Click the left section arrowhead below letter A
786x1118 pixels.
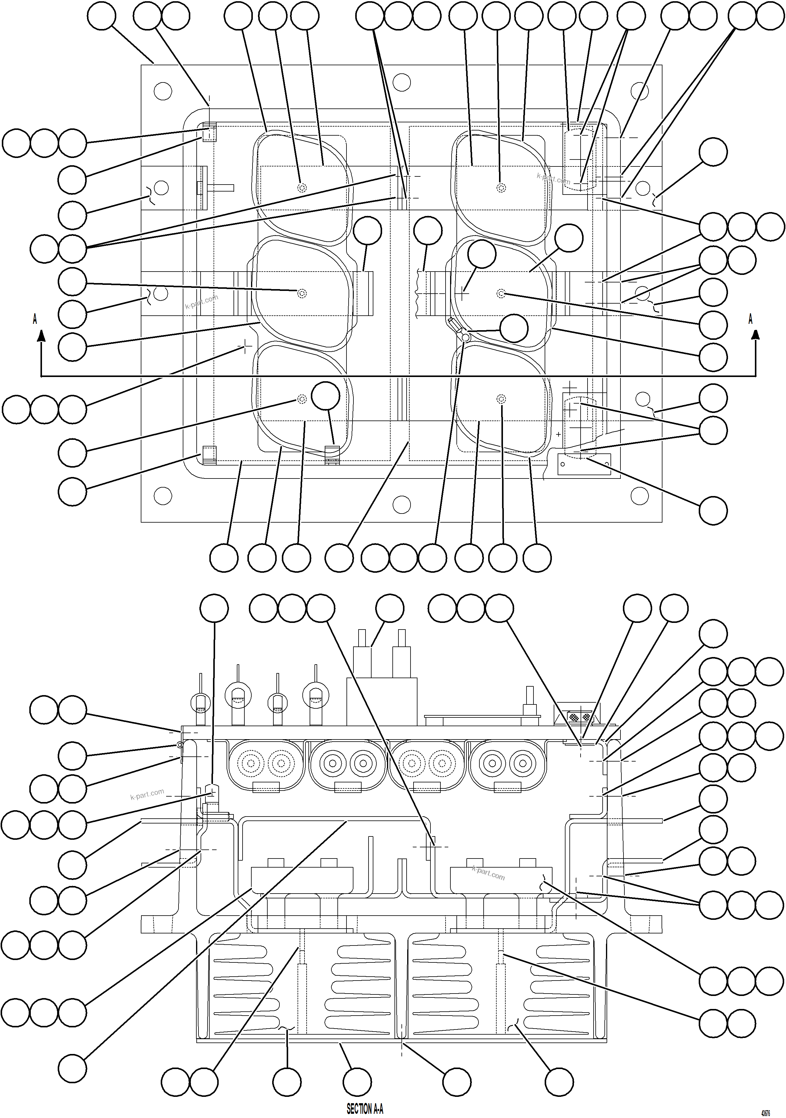[41, 335]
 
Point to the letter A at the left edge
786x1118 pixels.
[34, 319]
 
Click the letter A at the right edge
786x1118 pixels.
[750, 319]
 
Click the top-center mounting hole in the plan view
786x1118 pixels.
[402, 82]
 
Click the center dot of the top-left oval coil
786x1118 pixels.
[302, 188]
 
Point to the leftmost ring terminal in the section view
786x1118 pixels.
[200, 702]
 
